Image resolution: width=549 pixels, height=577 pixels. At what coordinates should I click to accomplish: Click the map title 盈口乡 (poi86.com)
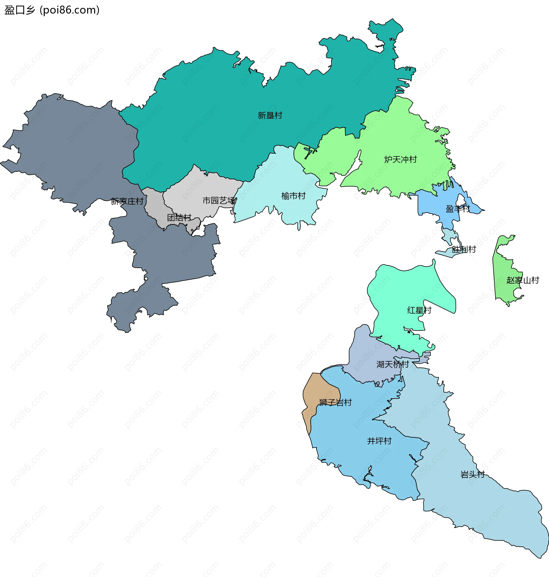[x=52, y=10]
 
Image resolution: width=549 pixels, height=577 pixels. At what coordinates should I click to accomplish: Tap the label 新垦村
[x=270, y=115]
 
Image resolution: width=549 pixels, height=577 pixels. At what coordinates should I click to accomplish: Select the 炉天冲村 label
[x=400, y=160]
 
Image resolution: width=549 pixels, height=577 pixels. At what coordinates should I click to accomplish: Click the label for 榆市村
[x=293, y=196]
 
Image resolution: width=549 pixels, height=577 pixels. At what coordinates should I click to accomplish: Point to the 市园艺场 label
[x=219, y=201]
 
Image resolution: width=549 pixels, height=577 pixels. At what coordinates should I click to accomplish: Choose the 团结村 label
[x=179, y=217]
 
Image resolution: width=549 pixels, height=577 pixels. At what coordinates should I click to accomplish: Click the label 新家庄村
[x=127, y=201]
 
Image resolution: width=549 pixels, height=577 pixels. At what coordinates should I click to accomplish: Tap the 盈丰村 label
[x=457, y=209]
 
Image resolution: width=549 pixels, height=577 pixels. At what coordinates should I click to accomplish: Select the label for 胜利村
[x=464, y=249]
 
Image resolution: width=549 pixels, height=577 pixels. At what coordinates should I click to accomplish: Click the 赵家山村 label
[x=523, y=280]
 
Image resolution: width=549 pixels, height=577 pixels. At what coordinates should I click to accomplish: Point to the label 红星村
[x=419, y=310]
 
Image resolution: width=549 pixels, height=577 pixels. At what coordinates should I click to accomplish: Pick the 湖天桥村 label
[x=392, y=364]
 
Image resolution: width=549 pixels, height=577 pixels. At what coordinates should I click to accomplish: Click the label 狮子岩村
[x=335, y=402]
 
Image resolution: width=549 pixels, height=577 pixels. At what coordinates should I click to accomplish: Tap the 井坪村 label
[x=379, y=441]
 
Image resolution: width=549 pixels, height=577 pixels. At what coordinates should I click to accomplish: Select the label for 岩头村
[x=473, y=475]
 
